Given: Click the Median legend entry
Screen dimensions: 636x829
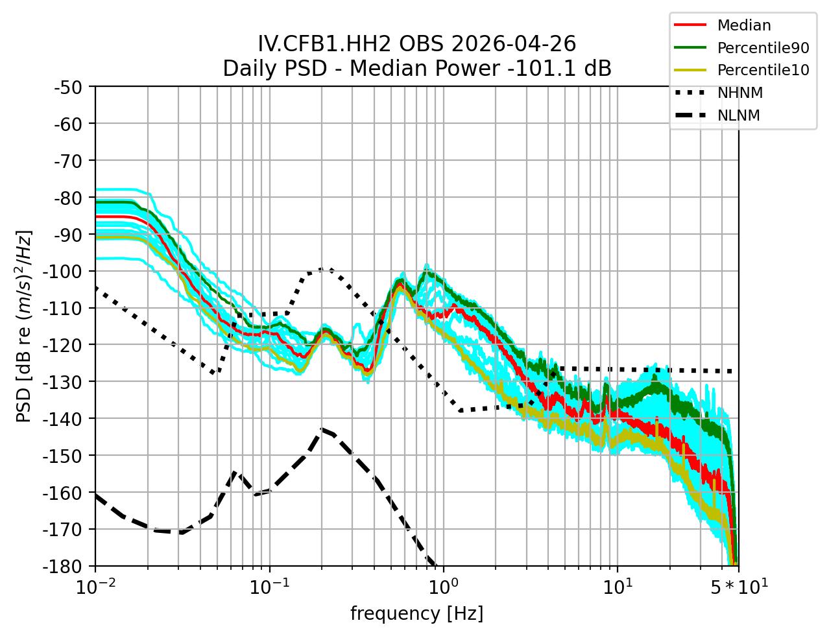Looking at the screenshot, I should (x=743, y=25).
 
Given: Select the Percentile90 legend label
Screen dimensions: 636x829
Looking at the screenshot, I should (x=763, y=47).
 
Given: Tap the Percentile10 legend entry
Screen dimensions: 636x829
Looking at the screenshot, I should (x=763, y=70).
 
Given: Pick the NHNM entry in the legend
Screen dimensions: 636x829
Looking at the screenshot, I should (x=739, y=93).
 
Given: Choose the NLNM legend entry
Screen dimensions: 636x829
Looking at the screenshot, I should (x=738, y=115).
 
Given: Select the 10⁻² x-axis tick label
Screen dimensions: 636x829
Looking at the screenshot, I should (x=95, y=587).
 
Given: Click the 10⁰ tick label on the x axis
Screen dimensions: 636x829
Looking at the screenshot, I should (x=442, y=587).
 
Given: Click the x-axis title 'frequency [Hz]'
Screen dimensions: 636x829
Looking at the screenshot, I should (x=416, y=613).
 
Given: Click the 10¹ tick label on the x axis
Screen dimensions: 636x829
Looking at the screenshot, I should (x=617, y=587).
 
